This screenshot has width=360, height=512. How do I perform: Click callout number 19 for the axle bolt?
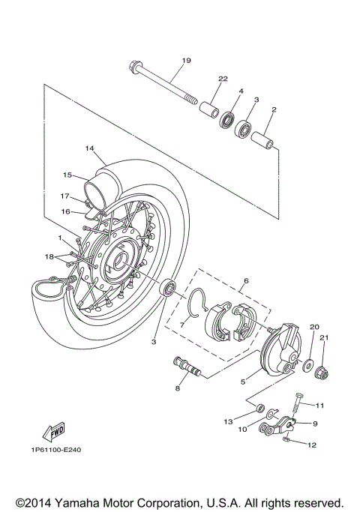pos(186,60)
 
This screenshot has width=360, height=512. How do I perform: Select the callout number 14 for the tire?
pos(89,148)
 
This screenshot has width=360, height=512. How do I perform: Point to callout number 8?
pos(178,388)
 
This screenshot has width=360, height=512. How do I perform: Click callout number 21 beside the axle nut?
pos(325,337)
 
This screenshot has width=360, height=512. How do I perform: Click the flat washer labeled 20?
pos(308,364)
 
